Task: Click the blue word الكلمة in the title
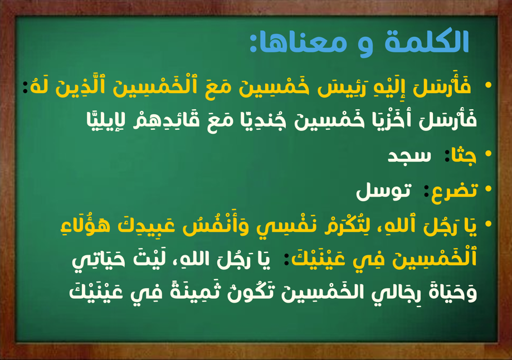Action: click(427, 41)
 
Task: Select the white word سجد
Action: click(409, 157)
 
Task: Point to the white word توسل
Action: click(383, 192)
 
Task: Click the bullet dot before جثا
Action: click(489, 154)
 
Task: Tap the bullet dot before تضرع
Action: click(489, 189)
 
